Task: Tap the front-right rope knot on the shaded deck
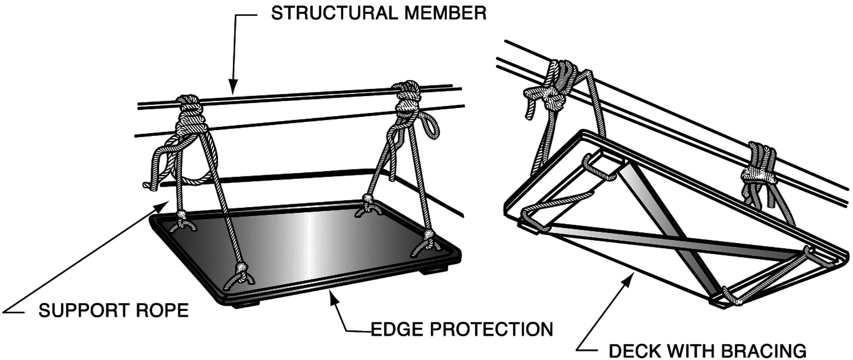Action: coord(428,235)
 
